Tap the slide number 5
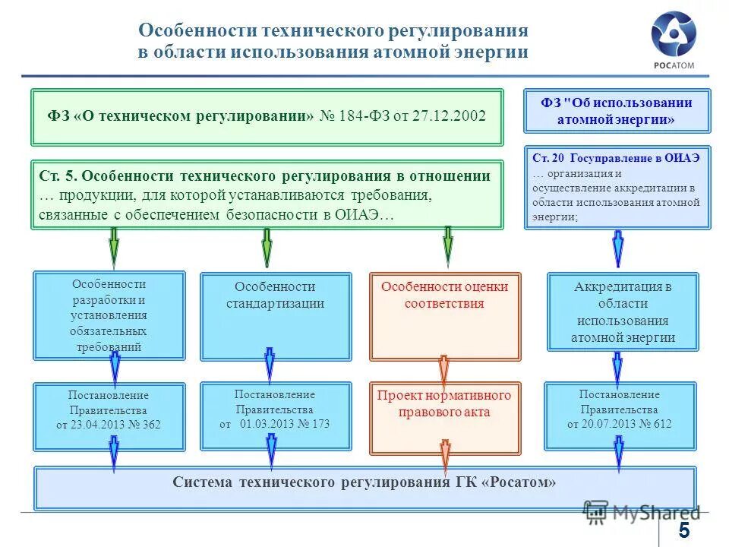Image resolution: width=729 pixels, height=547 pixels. pos(684,530)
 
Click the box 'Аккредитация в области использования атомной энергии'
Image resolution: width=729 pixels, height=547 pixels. pos(623,312)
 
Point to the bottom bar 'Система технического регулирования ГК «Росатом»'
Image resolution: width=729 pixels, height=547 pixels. pos(364,482)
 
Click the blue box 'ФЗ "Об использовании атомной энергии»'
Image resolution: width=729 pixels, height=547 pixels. pos(617,111)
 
